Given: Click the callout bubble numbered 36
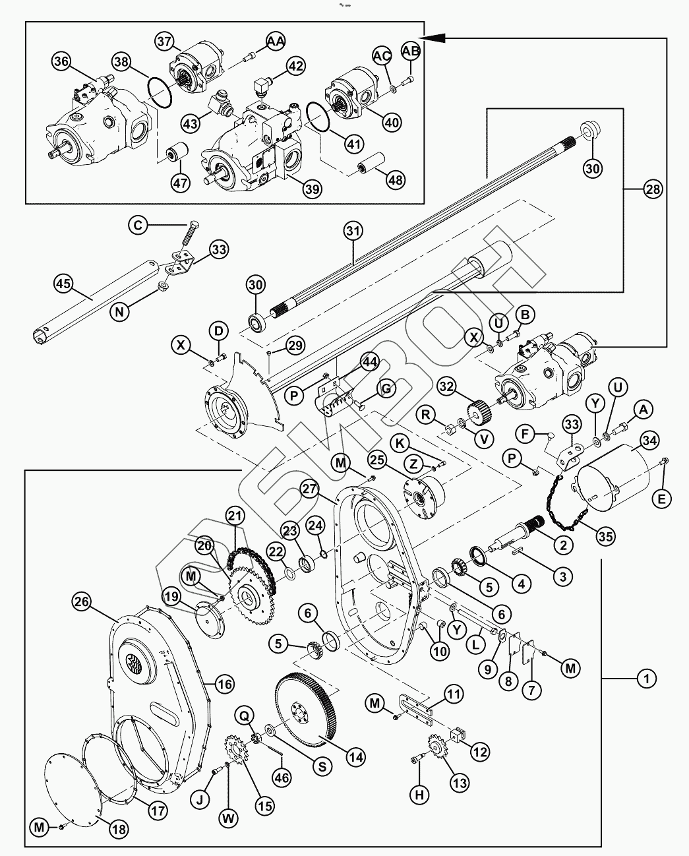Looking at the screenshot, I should point(61,61).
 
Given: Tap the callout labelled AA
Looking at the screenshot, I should point(276,42).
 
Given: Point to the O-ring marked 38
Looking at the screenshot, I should point(158,91).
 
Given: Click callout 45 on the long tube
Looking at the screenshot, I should point(63,284).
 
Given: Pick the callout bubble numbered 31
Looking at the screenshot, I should point(353,231).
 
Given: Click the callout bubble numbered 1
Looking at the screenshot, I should point(647,677).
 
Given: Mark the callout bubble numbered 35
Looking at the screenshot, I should point(606,536).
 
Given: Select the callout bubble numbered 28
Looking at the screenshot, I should point(652,190).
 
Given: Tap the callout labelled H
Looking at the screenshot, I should point(419,795).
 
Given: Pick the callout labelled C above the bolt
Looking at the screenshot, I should point(138,226).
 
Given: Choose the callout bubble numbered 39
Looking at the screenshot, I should point(312,189).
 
